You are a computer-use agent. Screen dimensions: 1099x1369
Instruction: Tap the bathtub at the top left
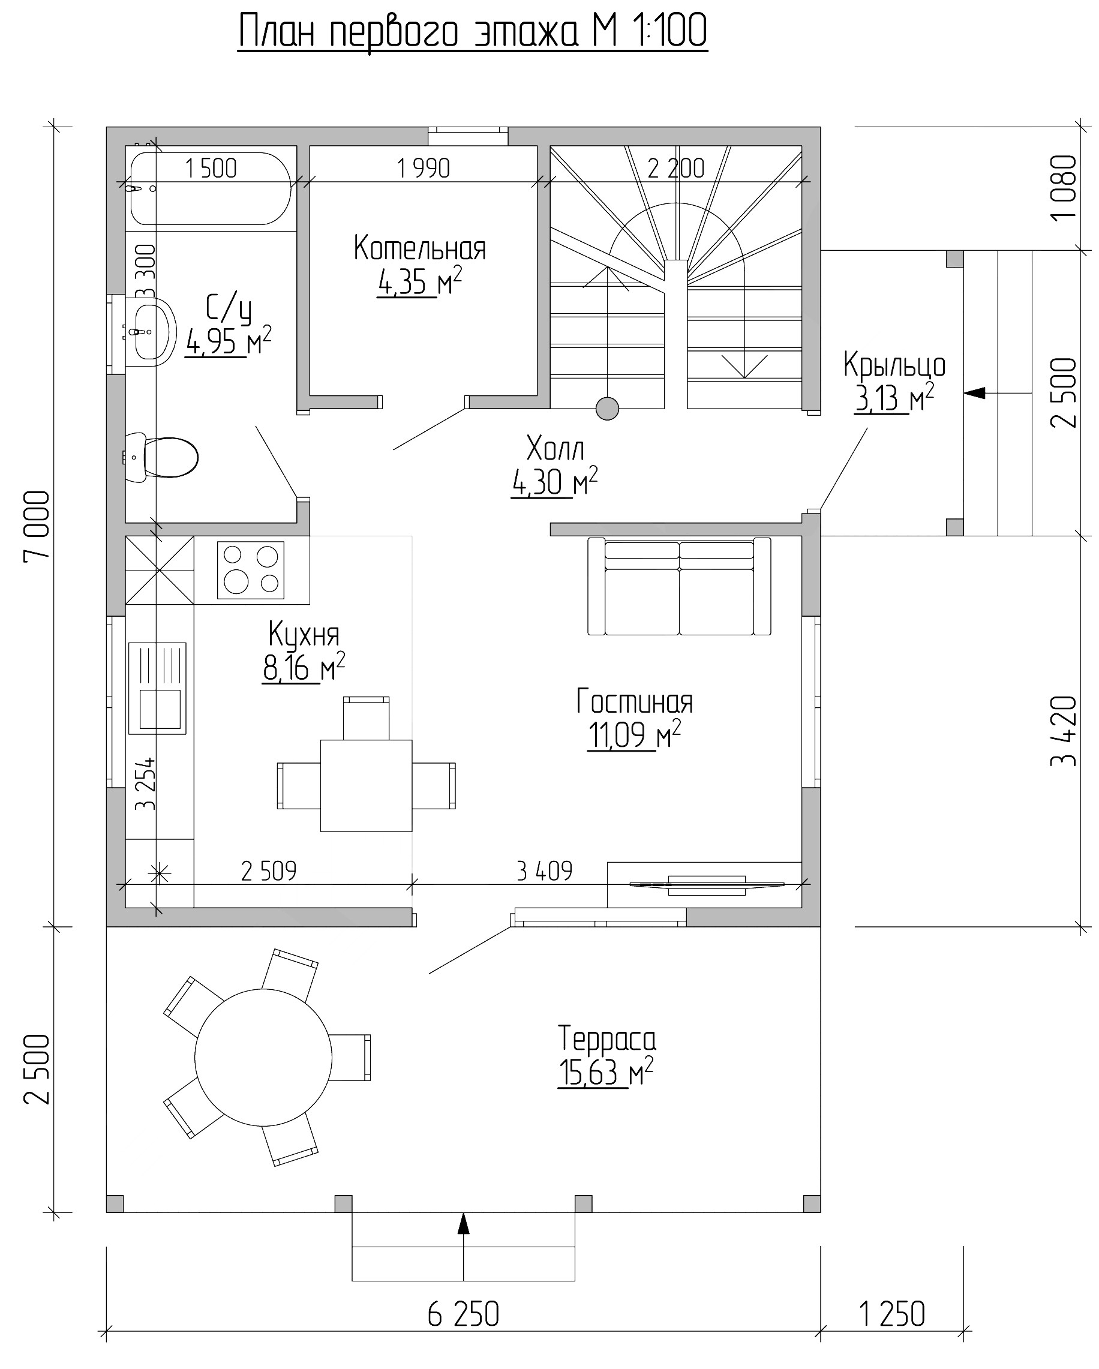[x=211, y=188]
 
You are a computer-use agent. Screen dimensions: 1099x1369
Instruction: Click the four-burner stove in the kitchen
[x=251, y=569]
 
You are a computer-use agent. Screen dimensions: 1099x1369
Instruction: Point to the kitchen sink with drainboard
[x=157, y=688]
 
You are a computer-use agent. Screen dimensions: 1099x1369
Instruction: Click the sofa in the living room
[x=679, y=586]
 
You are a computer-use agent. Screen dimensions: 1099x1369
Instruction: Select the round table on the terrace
[x=263, y=1058]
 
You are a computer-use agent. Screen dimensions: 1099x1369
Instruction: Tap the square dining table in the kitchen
[x=367, y=785]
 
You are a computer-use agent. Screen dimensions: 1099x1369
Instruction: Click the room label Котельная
[x=420, y=248]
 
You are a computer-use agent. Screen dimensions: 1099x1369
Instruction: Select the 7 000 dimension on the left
[x=37, y=525]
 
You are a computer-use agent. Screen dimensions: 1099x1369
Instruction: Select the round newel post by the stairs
[x=608, y=409]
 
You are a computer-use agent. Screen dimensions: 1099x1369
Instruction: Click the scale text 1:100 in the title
[x=669, y=31]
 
